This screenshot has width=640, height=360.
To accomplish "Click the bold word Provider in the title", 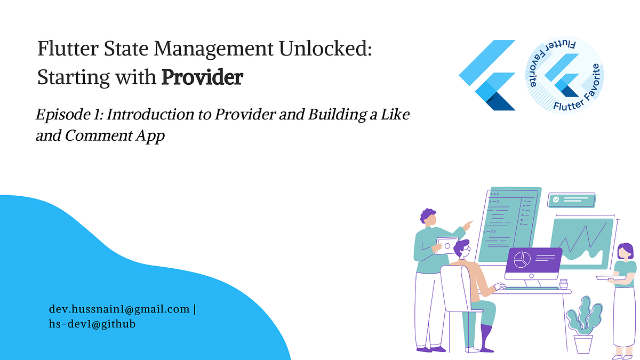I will click(202, 78).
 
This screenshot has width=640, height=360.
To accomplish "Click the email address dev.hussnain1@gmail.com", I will click(119, 309).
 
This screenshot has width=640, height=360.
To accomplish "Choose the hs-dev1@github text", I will click(92, 324).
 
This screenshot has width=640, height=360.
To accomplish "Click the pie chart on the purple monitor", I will click(521, 260).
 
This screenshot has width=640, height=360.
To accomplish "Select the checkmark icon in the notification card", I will click(556, 199).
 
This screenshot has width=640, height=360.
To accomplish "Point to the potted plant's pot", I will click(583, 343).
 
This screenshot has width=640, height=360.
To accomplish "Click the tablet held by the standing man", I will click(446, 245).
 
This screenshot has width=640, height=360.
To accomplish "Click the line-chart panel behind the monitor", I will click(582, 243).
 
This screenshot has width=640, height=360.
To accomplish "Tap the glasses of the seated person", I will click(465, 249).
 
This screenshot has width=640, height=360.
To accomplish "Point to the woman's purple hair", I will click(625, 252).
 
